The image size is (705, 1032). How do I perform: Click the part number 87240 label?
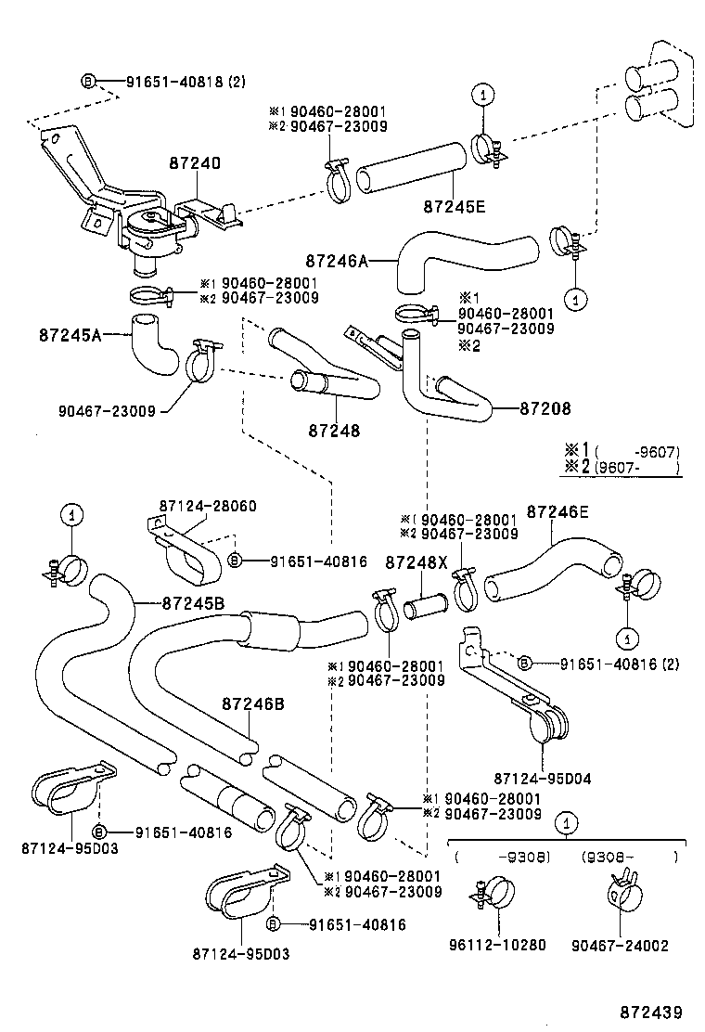point(195,162)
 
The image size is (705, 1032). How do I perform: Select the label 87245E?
point(455,207)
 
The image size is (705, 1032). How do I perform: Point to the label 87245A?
point(70,334)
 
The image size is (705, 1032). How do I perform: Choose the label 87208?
point(545,407)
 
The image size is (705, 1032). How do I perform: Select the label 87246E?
point(558,510)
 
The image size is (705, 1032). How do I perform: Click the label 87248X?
point(417,562)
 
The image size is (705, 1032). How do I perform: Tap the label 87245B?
point(193,602)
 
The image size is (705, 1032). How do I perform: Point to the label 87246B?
point(253,704)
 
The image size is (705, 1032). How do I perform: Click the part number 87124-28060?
point(208,506)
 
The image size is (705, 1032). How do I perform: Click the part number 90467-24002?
point(622,945)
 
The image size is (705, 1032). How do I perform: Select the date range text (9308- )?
point(629,856)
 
